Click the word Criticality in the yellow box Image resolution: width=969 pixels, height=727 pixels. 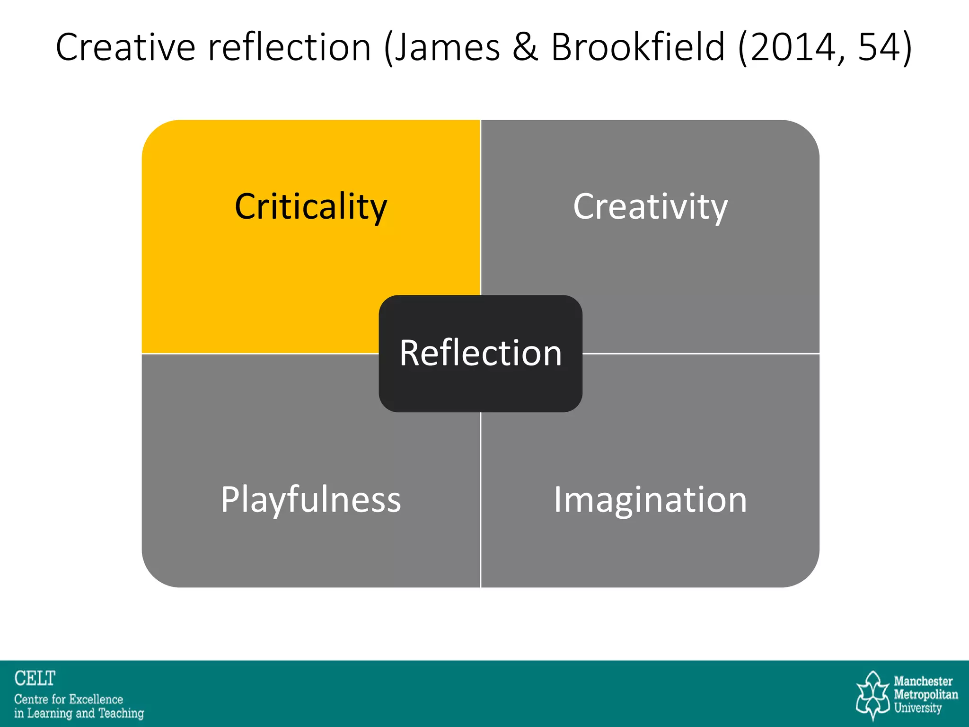coord(311,207)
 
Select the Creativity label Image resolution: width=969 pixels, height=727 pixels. coord(650,207)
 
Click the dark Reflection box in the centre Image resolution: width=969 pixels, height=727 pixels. coord(480,354)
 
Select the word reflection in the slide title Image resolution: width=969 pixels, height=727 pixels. coord(290,47)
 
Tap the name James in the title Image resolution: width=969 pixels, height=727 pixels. coord(447,47)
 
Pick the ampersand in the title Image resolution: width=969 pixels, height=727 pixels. coord(525,47)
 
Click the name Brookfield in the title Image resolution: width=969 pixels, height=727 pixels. coord(638,47)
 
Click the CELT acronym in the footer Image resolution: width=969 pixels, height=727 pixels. coord(35,678)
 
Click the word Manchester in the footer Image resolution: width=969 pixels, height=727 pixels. coord(923,682)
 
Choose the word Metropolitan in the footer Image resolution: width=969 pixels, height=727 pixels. coord(925,695)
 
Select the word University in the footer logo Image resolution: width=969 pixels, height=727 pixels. coord(917,708)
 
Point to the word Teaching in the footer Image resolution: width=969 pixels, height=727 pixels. coord(121,713)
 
